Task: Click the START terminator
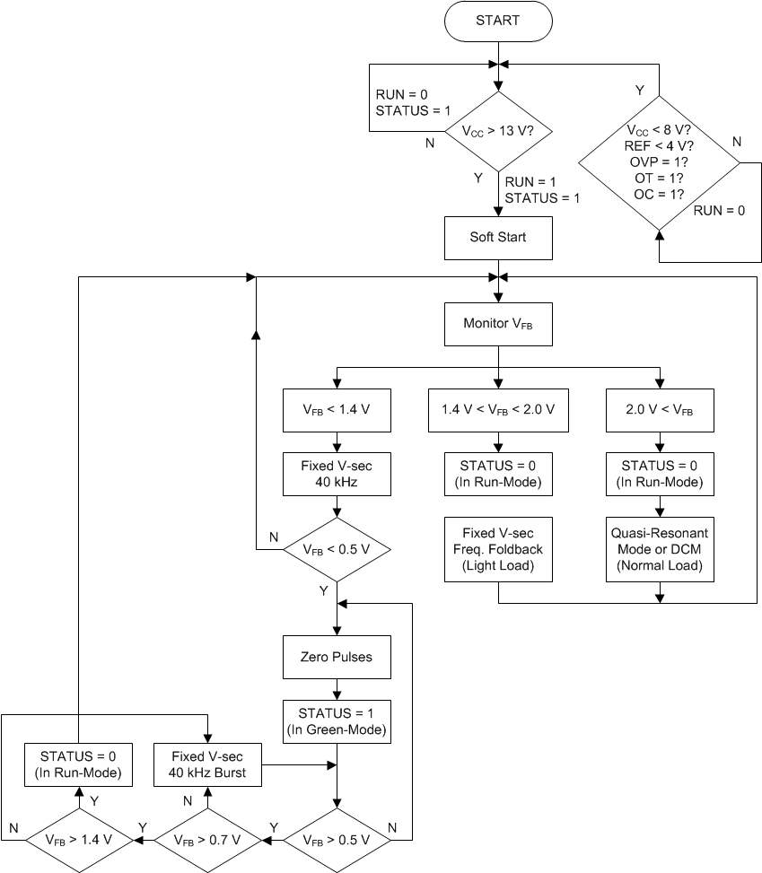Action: point(498,20)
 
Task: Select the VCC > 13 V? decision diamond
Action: point(498,131)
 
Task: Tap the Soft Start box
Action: point(498,238)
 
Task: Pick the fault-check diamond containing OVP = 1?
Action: point(660,162)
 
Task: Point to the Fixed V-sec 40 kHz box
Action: point(337,474)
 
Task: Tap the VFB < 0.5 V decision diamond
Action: point(337,549)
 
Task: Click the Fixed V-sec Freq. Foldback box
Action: point(498,549)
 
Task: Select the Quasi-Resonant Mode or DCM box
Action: point(660,549)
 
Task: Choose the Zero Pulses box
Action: point(337,657)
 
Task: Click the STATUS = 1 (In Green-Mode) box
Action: point(337,721)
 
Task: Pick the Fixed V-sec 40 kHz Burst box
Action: point(207,764)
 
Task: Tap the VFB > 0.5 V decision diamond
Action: point(337,840)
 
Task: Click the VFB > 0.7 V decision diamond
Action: point(207,840)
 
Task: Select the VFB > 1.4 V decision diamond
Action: point(78,840)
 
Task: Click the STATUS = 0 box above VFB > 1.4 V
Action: point(78,764)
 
